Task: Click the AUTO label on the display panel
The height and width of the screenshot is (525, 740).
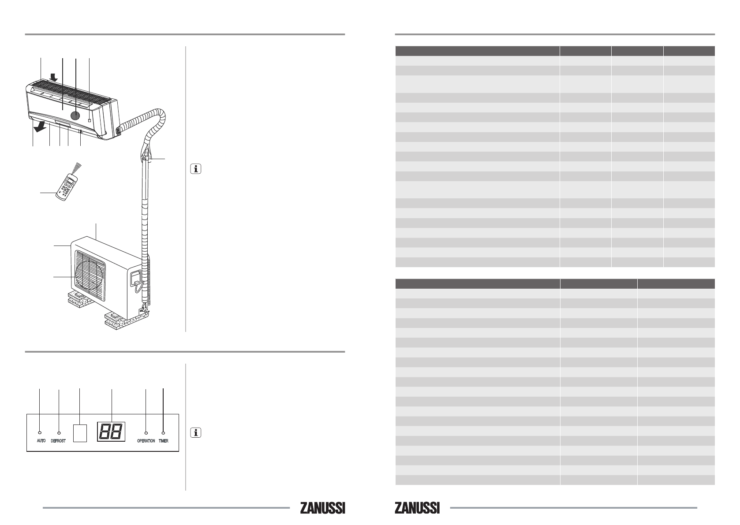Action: click(x=41, y=441)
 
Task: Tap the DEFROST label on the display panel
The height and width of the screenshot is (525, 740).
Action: click(x=58, y=441)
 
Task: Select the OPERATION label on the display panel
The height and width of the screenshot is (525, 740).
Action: click(x=146, y=441)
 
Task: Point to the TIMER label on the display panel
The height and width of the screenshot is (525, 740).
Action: click(x=164, y=441)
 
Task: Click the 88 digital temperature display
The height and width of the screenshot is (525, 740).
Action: click(x=111, y=432)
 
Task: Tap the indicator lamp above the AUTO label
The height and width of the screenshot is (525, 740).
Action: click(x=40, y=432)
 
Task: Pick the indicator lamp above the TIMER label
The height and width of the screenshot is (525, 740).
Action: click(x=163, y=432)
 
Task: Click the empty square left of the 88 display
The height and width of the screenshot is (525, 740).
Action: click(x=80, y=433)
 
